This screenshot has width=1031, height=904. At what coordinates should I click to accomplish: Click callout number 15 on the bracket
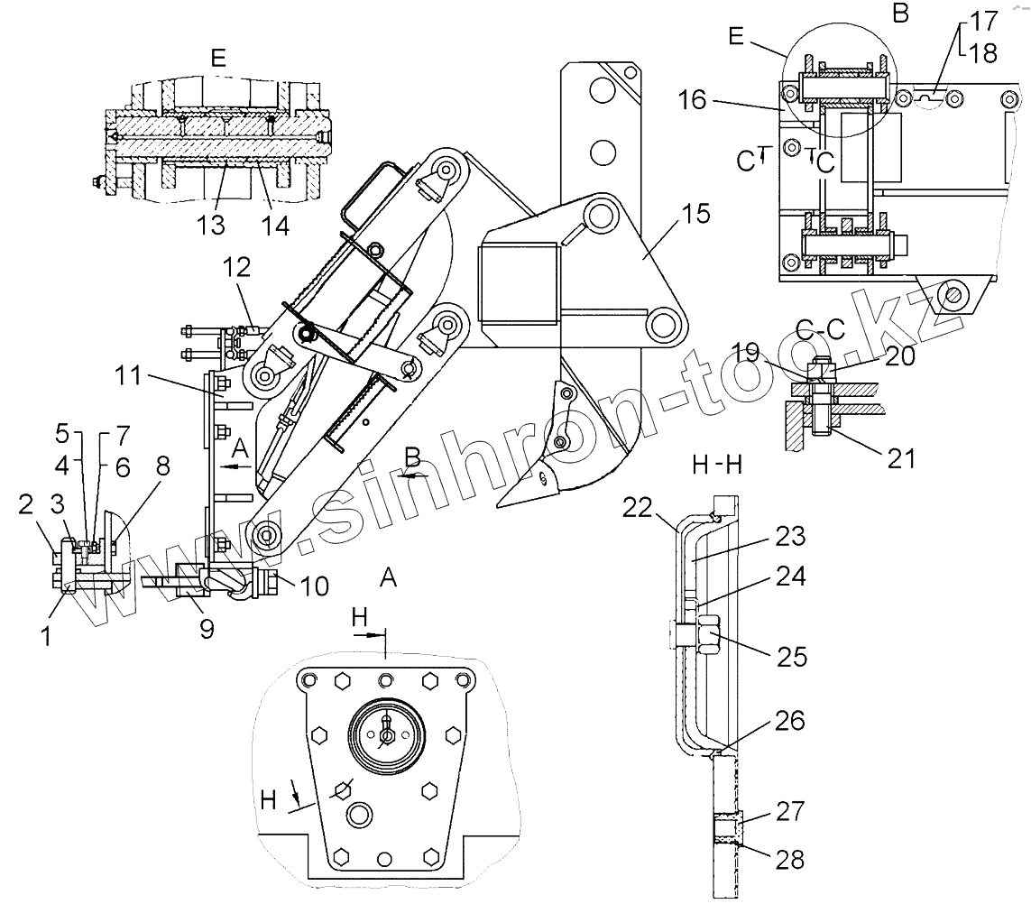[x=696, y=214]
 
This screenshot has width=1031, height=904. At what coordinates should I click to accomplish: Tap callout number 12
[x=236, y=268]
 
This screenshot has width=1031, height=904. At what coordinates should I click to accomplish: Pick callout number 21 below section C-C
[x=901, y=458]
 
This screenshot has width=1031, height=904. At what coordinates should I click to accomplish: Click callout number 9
[x=207, y=629]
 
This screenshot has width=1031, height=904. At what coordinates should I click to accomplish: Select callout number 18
[x=984, y=53]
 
